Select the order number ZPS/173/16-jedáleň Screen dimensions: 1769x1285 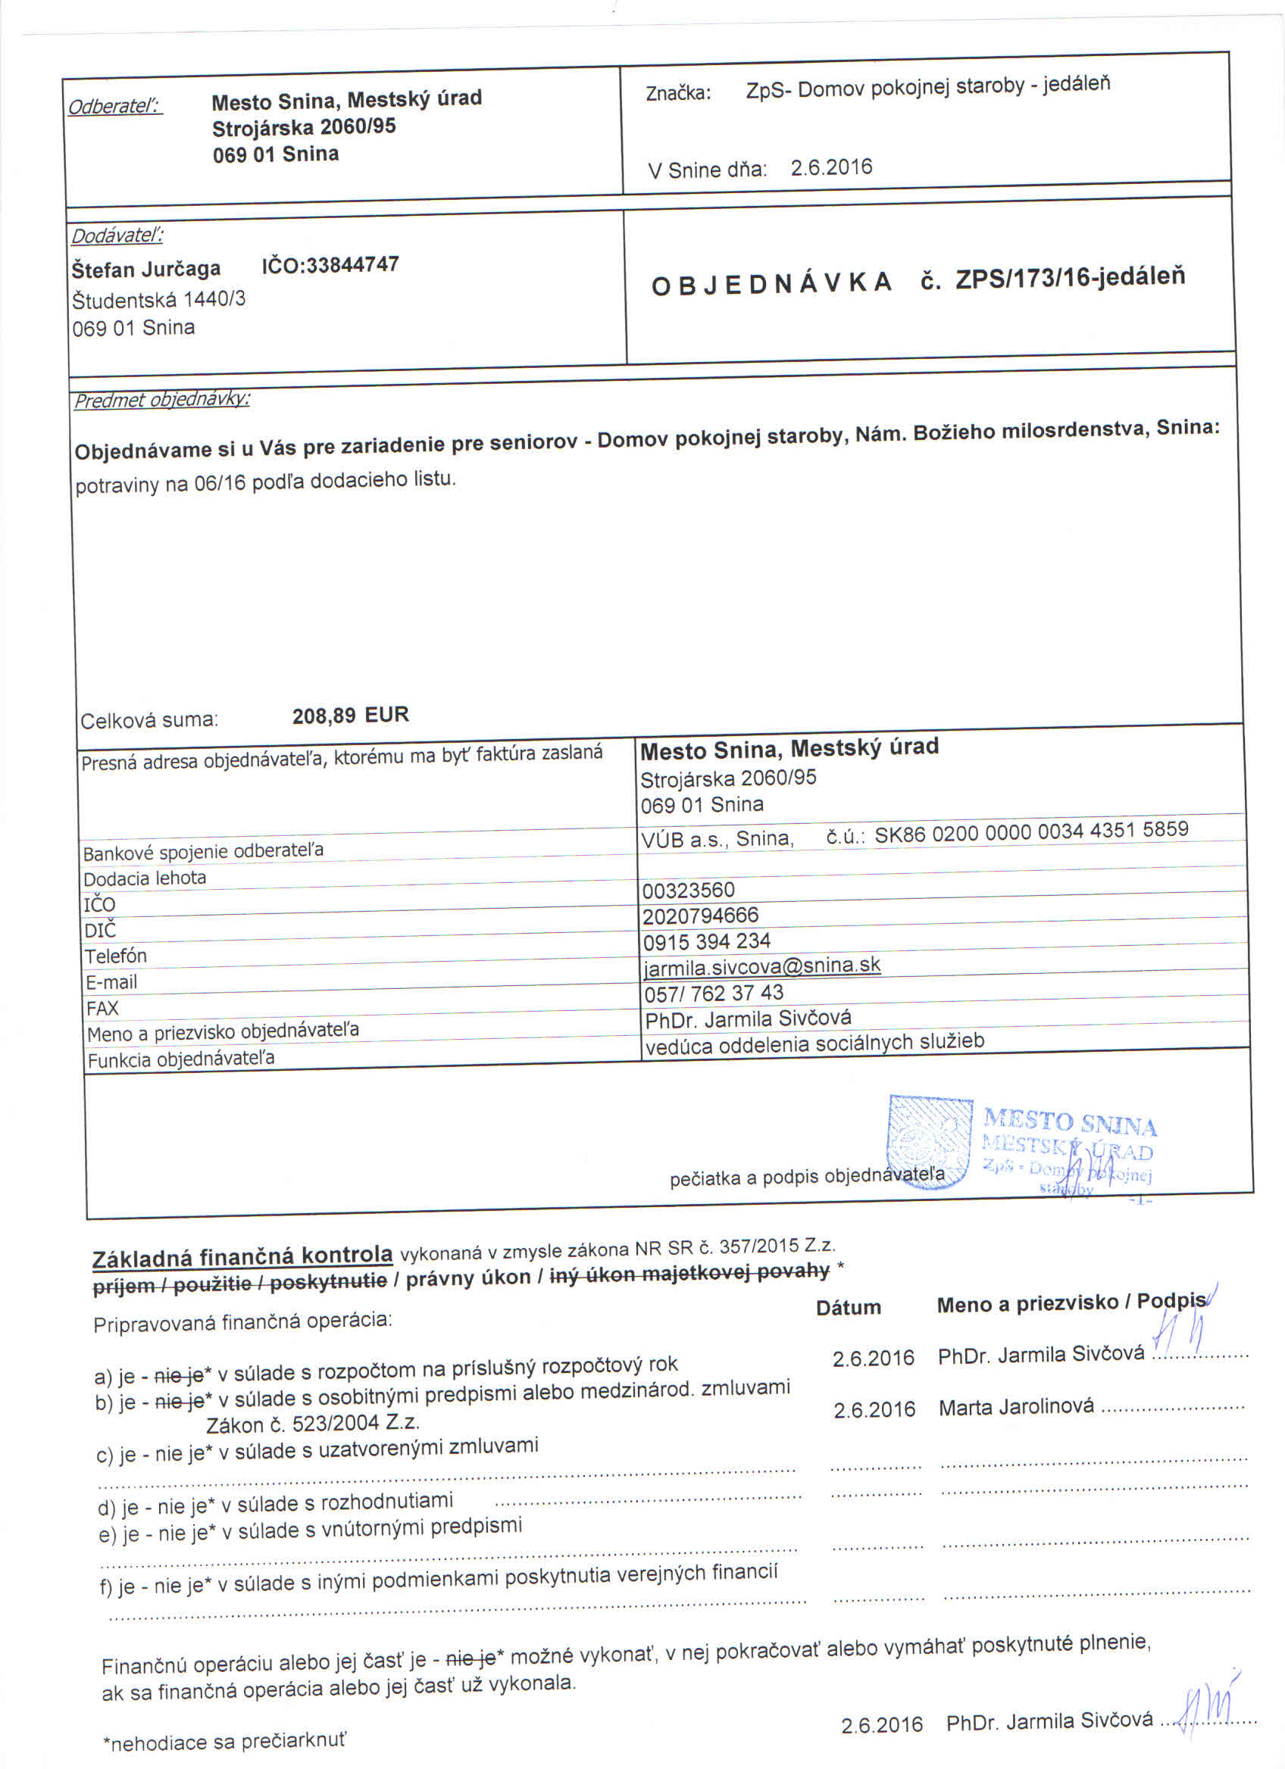point(1070,278)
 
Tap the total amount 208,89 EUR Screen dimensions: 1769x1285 point(350,715)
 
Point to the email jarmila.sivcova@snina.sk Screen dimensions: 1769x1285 point(761,966)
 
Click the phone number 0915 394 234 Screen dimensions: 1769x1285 point(706,941)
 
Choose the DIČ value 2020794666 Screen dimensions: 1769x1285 point(700,916)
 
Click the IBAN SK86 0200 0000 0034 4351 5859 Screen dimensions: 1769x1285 point(1030,832)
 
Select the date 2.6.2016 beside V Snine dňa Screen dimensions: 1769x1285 point(831,167)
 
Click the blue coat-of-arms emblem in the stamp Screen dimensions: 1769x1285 point(929,1142)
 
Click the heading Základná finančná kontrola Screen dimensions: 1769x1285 point(242,1256)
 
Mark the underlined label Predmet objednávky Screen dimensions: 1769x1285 point(162,400)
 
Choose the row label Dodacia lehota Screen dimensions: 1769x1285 point(145,878)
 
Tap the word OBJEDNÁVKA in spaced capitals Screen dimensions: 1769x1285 point(771,284)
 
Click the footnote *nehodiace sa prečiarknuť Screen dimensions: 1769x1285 point(225,1742)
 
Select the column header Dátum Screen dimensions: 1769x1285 point(848,1308)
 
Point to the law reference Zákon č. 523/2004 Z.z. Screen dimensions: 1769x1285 point(313,1424)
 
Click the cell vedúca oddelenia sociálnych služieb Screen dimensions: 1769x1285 point(814,1044)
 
